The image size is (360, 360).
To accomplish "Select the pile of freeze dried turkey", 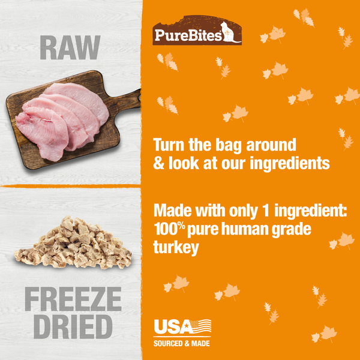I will pos(73,243).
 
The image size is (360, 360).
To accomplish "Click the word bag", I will pos(231,146).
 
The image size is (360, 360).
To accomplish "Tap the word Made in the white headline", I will pos(173,212).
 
